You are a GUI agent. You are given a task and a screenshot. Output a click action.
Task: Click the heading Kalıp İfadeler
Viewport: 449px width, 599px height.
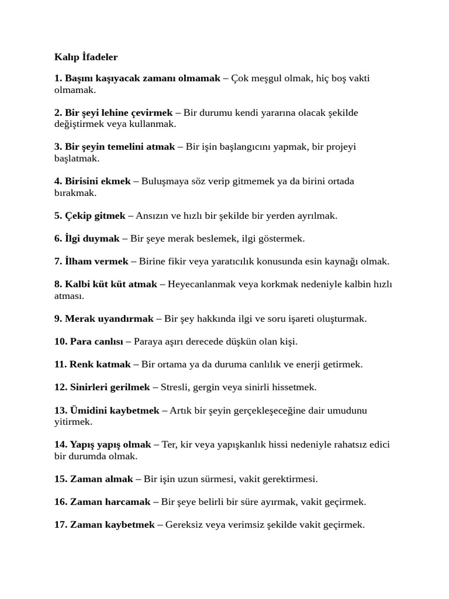(x=86, y=57)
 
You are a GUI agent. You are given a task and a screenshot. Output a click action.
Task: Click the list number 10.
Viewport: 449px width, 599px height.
(x=60, y=342)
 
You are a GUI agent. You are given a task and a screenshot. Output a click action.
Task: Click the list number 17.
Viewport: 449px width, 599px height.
(x=60, y=525)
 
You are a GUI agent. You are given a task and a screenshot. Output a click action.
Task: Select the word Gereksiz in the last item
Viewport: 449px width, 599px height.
(x=184, y=525)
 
